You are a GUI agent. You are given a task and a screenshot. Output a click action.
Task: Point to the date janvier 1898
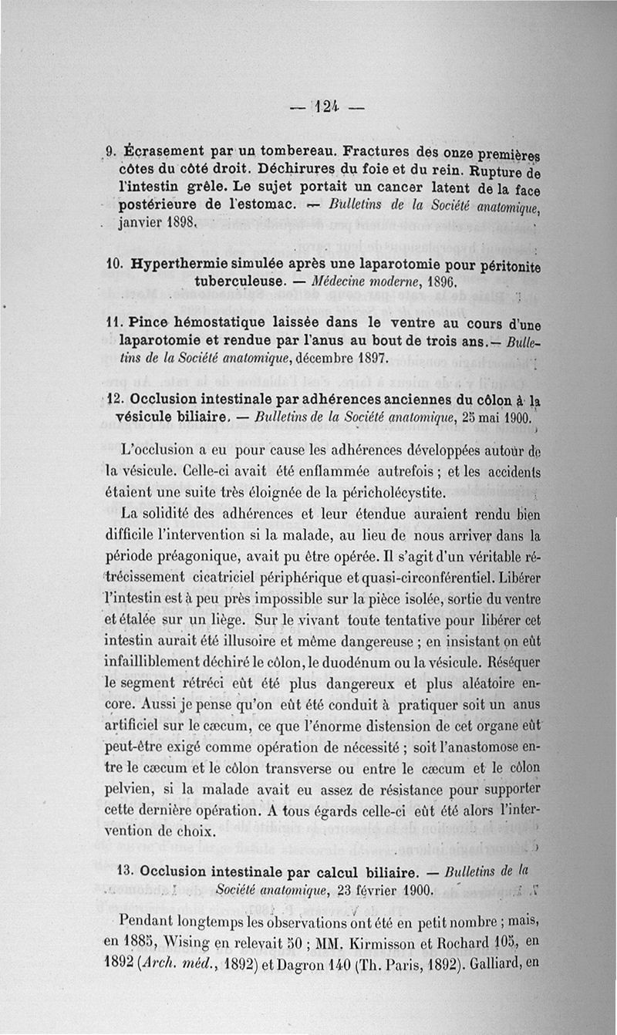pyautogui.click(x=159, y=224)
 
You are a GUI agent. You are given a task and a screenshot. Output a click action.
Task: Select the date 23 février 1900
pyautogui.click(x=377, y=890)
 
